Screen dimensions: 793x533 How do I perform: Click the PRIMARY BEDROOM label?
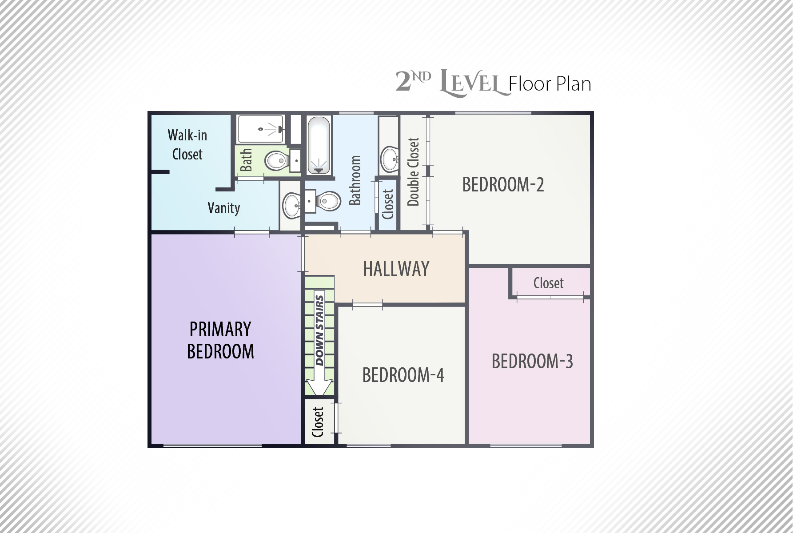click(x=220, y=340)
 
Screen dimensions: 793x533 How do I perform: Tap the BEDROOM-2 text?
click(x=503, y=184)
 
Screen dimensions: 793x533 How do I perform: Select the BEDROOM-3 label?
click(x=532, y=361)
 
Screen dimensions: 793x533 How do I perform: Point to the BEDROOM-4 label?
click(x=403, y=375)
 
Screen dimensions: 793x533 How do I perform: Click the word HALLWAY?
click(x=396, y=269)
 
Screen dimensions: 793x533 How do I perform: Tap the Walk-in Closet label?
click(x=187, y=144)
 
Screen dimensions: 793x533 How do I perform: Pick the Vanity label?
click(x=224, y=208)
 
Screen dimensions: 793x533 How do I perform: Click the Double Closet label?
click(x=413, y=171)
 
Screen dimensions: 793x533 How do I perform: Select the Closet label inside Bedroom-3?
click(x=549, y=283)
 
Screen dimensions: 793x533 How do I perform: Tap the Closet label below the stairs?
click(x=318, y=422)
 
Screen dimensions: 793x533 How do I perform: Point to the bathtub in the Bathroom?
click(x=319, y=144)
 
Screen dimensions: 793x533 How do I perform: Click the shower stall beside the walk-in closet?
click(x=261, y=129)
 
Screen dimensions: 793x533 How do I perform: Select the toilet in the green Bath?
click(x=276, y=160)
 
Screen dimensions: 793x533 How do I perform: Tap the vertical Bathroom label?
click(x=355, y=180)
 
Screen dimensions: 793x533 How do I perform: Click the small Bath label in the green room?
click(x=246, y=160)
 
